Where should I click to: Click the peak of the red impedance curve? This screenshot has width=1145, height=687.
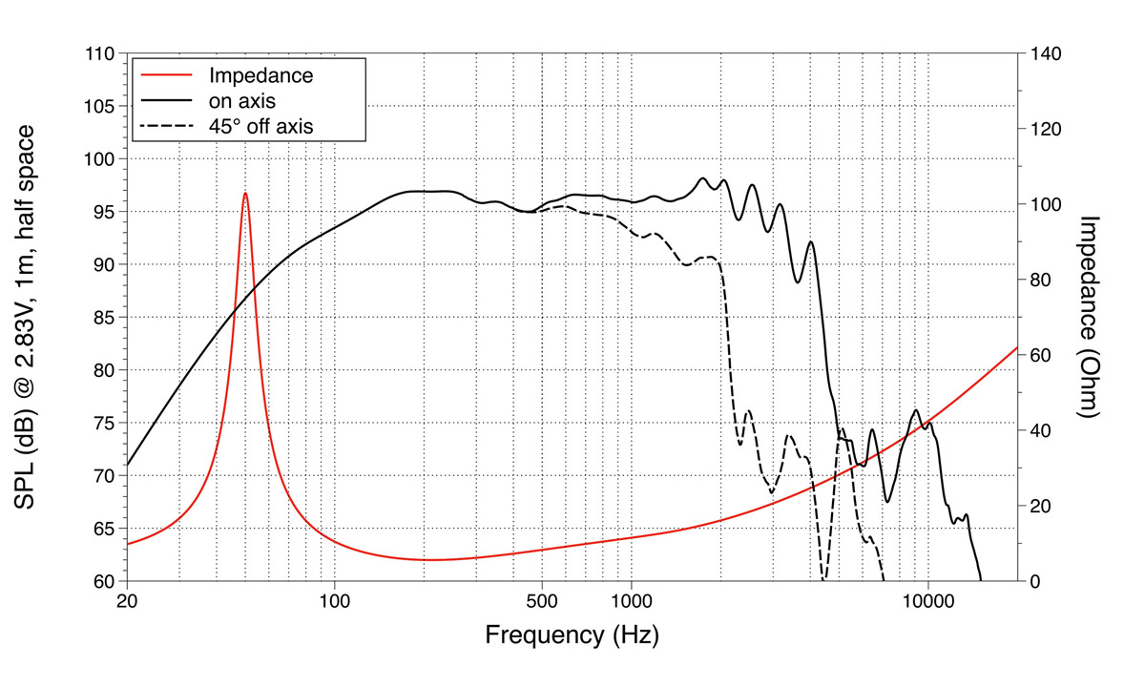(245, 193)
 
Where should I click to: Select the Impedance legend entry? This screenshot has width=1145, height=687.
(260, 74)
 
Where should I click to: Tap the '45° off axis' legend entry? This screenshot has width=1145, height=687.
(261, 124)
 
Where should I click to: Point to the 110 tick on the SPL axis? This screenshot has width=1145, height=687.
(100, 53)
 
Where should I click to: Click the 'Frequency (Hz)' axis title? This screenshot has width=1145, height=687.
(572, 635)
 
